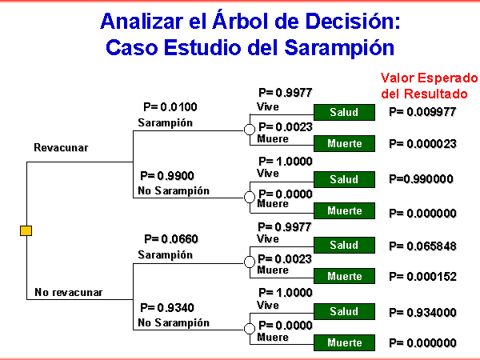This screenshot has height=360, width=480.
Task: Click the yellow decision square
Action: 26,230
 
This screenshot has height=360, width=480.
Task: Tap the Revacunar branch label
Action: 61,147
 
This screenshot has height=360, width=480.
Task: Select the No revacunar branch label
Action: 69,292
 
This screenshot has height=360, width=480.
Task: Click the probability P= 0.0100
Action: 170,107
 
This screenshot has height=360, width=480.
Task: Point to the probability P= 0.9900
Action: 167,176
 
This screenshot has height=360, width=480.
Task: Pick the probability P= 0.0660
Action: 171,238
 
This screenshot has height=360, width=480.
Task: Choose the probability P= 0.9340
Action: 167,307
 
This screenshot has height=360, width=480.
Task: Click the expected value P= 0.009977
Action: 422,112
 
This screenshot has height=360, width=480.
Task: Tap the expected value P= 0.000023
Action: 422,143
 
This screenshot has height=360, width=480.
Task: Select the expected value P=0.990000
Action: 422,178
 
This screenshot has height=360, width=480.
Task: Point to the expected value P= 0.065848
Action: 422,246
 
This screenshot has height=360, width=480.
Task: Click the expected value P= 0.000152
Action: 422,277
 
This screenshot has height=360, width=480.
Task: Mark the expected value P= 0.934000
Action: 422,312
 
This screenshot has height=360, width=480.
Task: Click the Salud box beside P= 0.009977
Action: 344,112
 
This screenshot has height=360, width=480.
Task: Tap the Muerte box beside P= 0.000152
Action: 344,276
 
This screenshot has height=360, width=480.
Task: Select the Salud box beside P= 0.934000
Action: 344,312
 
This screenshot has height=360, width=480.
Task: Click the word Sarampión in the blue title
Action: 339,48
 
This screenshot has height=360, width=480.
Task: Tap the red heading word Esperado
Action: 447,78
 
